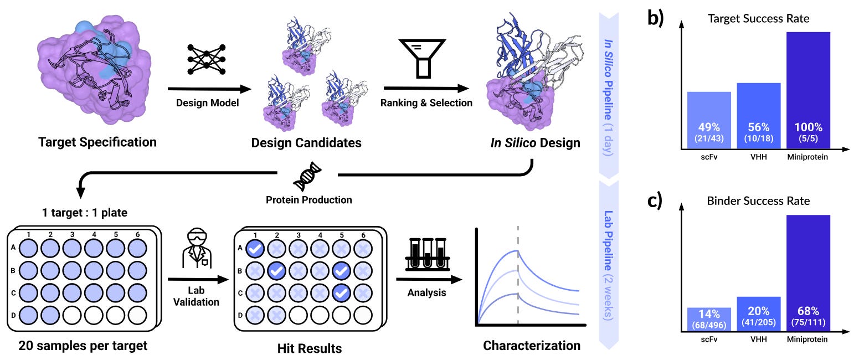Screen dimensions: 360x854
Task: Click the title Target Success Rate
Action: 758,19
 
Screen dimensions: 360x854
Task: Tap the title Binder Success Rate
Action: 758,200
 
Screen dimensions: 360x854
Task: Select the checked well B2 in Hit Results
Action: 276,271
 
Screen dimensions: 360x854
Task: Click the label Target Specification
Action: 97,142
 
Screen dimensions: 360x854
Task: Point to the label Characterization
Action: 532,346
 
